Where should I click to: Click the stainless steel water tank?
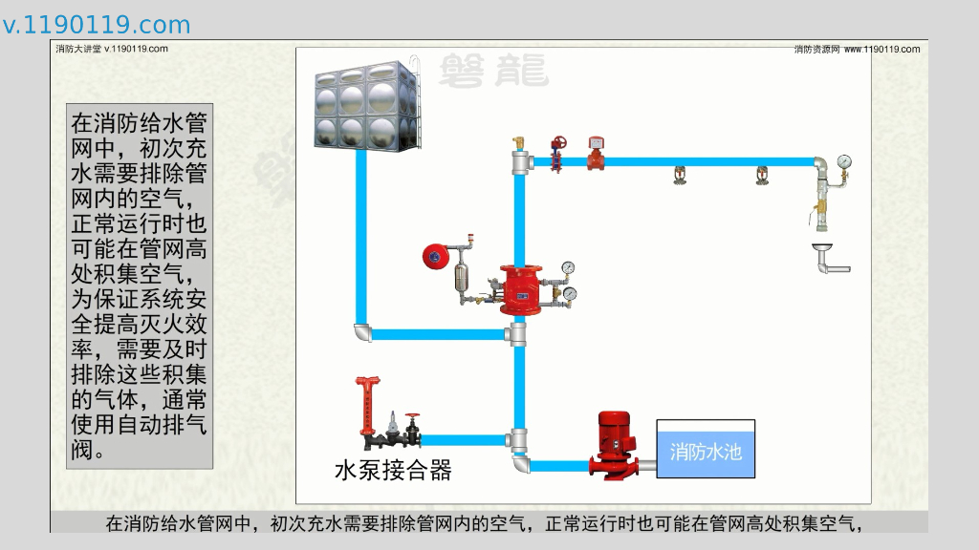pos(367,104)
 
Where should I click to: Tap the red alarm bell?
pos(436,257)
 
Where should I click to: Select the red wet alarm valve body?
pos(519,288)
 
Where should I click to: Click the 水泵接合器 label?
pos(392,470)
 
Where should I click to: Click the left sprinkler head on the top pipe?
pos(679,176)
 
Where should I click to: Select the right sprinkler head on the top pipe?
pos(762,176)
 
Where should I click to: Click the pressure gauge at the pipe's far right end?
pos(843,161)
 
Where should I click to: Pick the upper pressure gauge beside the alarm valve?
pos(569,268)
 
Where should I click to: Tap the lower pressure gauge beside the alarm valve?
pos(570,293)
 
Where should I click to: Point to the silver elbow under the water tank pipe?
pos(361,332)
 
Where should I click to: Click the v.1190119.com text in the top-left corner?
pos(97,25)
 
